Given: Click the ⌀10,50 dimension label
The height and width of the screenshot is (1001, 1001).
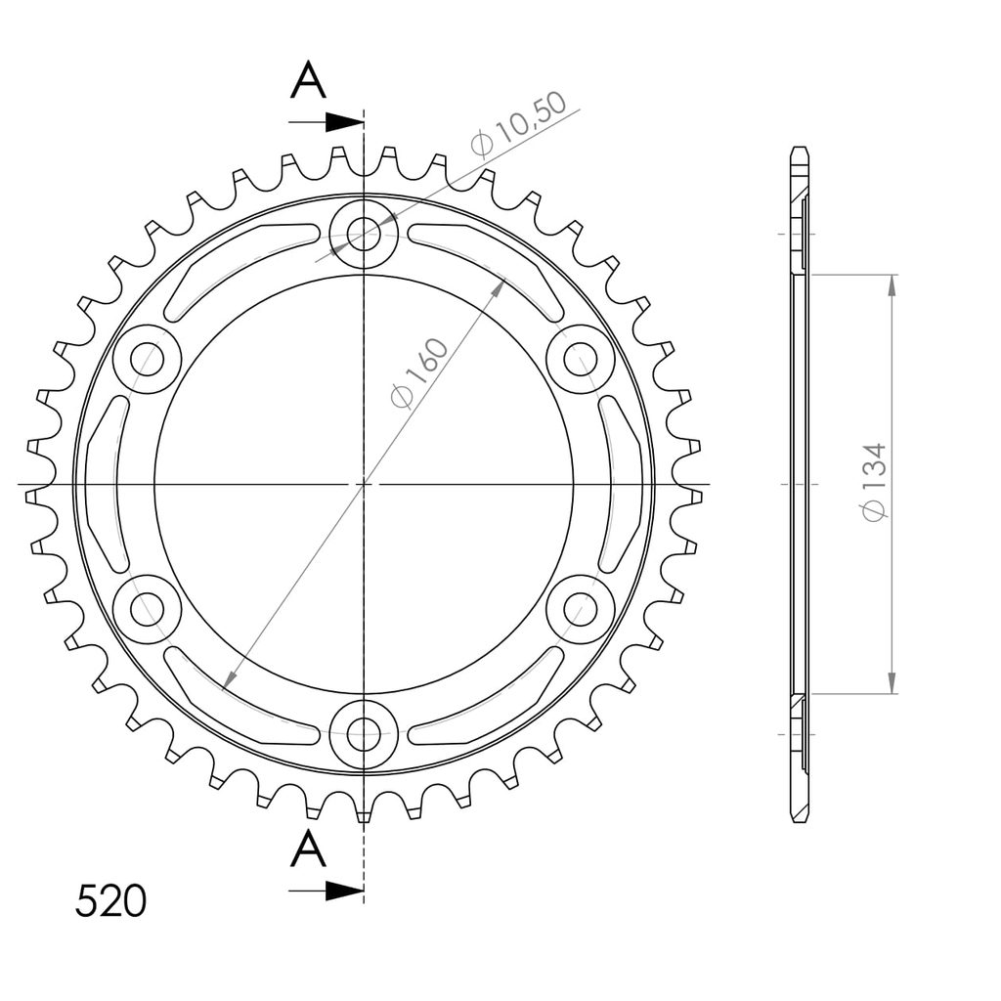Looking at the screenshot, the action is point(518,124).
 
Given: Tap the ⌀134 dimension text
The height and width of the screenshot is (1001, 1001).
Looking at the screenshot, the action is point(874,482).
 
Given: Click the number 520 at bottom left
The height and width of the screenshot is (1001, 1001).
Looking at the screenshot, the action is point(110,900).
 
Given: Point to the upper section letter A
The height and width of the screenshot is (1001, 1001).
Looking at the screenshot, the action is point(308,80).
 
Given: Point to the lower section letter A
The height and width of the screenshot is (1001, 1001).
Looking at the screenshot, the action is point(308,849).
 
